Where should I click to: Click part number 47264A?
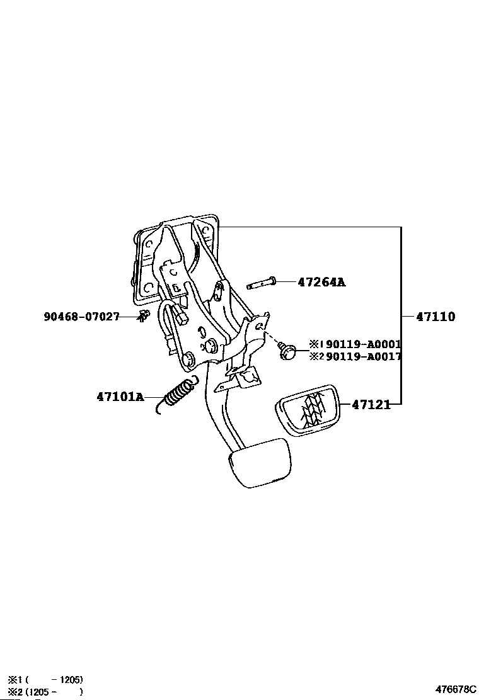pyautogui.click(x=321, y=283)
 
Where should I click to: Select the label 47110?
pyautogui.click(x=435, y=317)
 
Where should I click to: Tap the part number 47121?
pyautogui.click(x=371, y=405)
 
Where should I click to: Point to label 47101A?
pyautogui.click(x=120, y=397)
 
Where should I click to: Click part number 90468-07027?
pyautogui.click(x=81, y=317)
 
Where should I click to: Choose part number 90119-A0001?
pyautogui.click(x=364, y=344)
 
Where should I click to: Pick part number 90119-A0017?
pyautogui.click(x=364, y=356)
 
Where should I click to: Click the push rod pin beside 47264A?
pyautogui.click(x=261, y=284)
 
